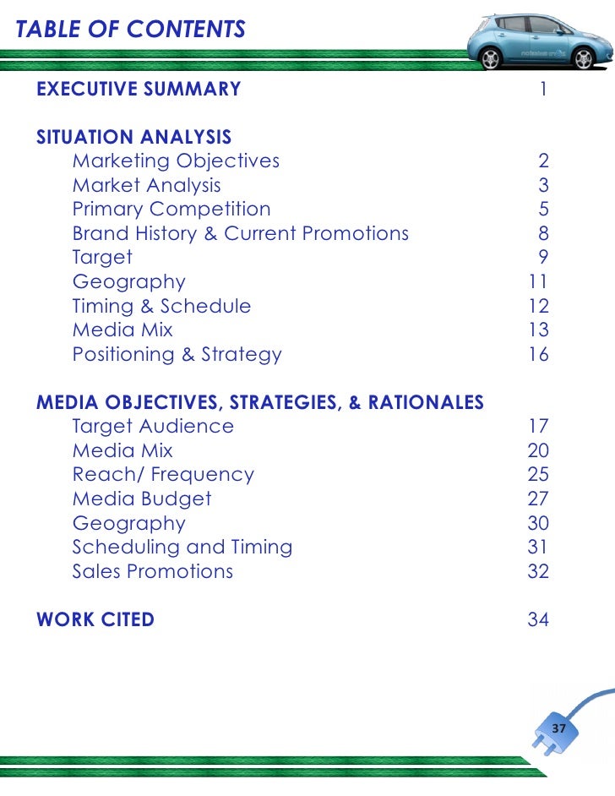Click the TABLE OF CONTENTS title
point(131,30)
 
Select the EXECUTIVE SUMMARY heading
point(139,89)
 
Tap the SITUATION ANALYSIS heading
point(133,137)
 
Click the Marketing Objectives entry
point(176,161)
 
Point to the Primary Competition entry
point(171,209)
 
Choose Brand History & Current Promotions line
point(241,233)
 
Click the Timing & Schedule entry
point(161,306)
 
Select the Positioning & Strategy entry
point(177,354)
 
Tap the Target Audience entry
point(153,426)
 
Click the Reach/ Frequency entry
point(163,475)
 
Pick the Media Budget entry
point(142,499)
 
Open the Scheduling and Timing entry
point(182,547)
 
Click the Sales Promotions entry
point(153,571)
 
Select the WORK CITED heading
point(95,619)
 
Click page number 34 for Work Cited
point(538,619)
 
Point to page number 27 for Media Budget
point(538,499)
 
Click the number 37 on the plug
point(558,728)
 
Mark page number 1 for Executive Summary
point(543,89)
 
